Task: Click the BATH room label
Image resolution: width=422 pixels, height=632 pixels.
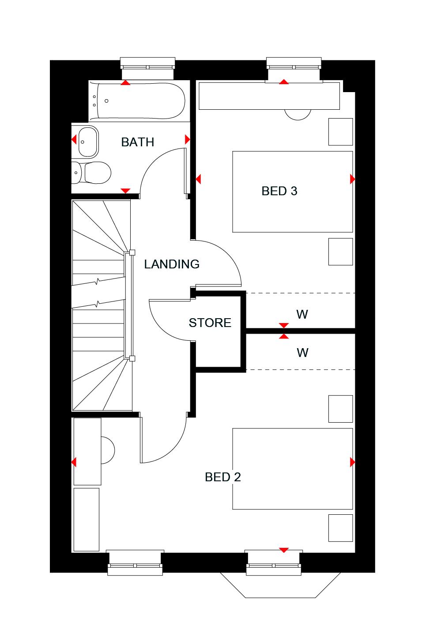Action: tap(137, 142)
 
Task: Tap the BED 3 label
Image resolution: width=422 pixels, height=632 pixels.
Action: tap(279, 191)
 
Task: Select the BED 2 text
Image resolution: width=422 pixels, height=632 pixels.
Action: tap(222, 477)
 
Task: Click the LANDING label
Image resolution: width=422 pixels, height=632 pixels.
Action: tap(172, 264)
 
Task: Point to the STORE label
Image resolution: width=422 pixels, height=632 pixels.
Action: tap(210, 323)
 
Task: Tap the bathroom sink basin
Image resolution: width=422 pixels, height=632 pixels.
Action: tap(87, 141)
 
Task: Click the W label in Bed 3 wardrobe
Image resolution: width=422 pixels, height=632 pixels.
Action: tap(302, 314)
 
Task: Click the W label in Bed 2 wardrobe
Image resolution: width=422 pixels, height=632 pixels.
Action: tap(302, 353)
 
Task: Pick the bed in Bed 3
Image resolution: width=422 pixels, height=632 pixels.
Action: tap(292, 191)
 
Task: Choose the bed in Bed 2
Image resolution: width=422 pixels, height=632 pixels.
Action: tap(292, 468)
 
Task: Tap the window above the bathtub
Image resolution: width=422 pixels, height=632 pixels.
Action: tap(148, 64)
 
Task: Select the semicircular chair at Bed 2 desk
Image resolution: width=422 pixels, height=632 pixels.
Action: tap(108, 450)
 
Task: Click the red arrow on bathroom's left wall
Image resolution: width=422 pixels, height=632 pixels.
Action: tap(74, 140)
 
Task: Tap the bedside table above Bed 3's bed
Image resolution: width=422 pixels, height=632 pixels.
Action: tap(340, 131)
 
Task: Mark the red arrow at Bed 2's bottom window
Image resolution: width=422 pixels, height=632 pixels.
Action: tap(283, 550)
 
